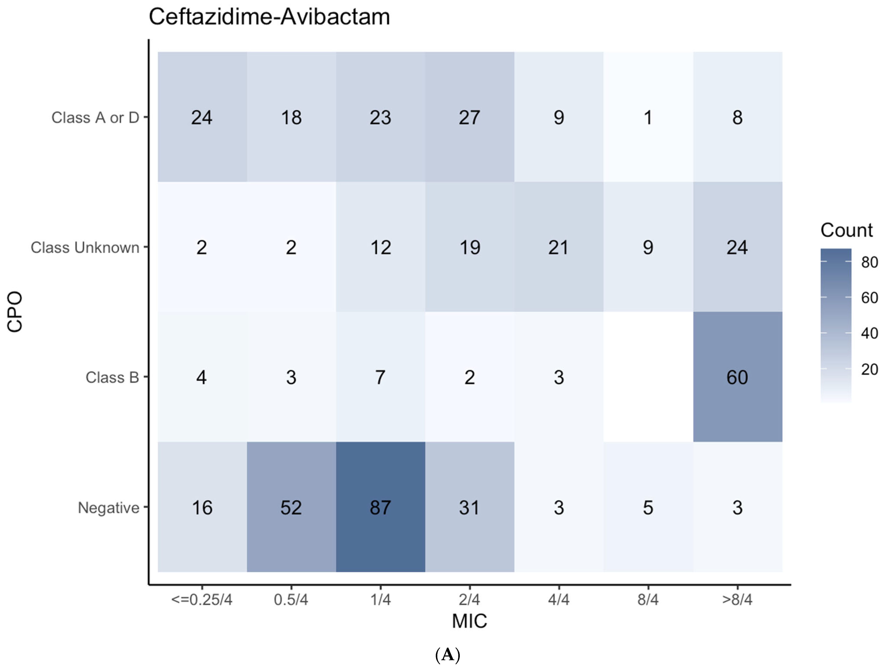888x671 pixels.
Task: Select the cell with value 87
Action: point(380,507)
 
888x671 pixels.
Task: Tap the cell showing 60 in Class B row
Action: point(737,377)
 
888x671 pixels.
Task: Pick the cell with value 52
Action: point(291,507)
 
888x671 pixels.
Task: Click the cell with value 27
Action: point(469,117)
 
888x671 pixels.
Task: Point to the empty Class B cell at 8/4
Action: point(648,377)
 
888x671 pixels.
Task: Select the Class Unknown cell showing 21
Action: point(558,247)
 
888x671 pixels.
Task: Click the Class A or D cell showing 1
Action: point(648,117)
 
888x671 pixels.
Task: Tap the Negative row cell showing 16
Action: point(202,507)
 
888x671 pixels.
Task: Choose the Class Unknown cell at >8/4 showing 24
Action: point(737,247)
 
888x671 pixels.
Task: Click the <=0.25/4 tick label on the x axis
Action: point(202,599)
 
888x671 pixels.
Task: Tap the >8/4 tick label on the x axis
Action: point(737,599)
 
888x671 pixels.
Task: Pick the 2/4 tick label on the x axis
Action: point(469,599)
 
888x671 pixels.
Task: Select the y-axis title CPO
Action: point(15,312)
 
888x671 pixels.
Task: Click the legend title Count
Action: point(846,230)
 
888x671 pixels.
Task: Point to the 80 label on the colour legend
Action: point(869,262)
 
